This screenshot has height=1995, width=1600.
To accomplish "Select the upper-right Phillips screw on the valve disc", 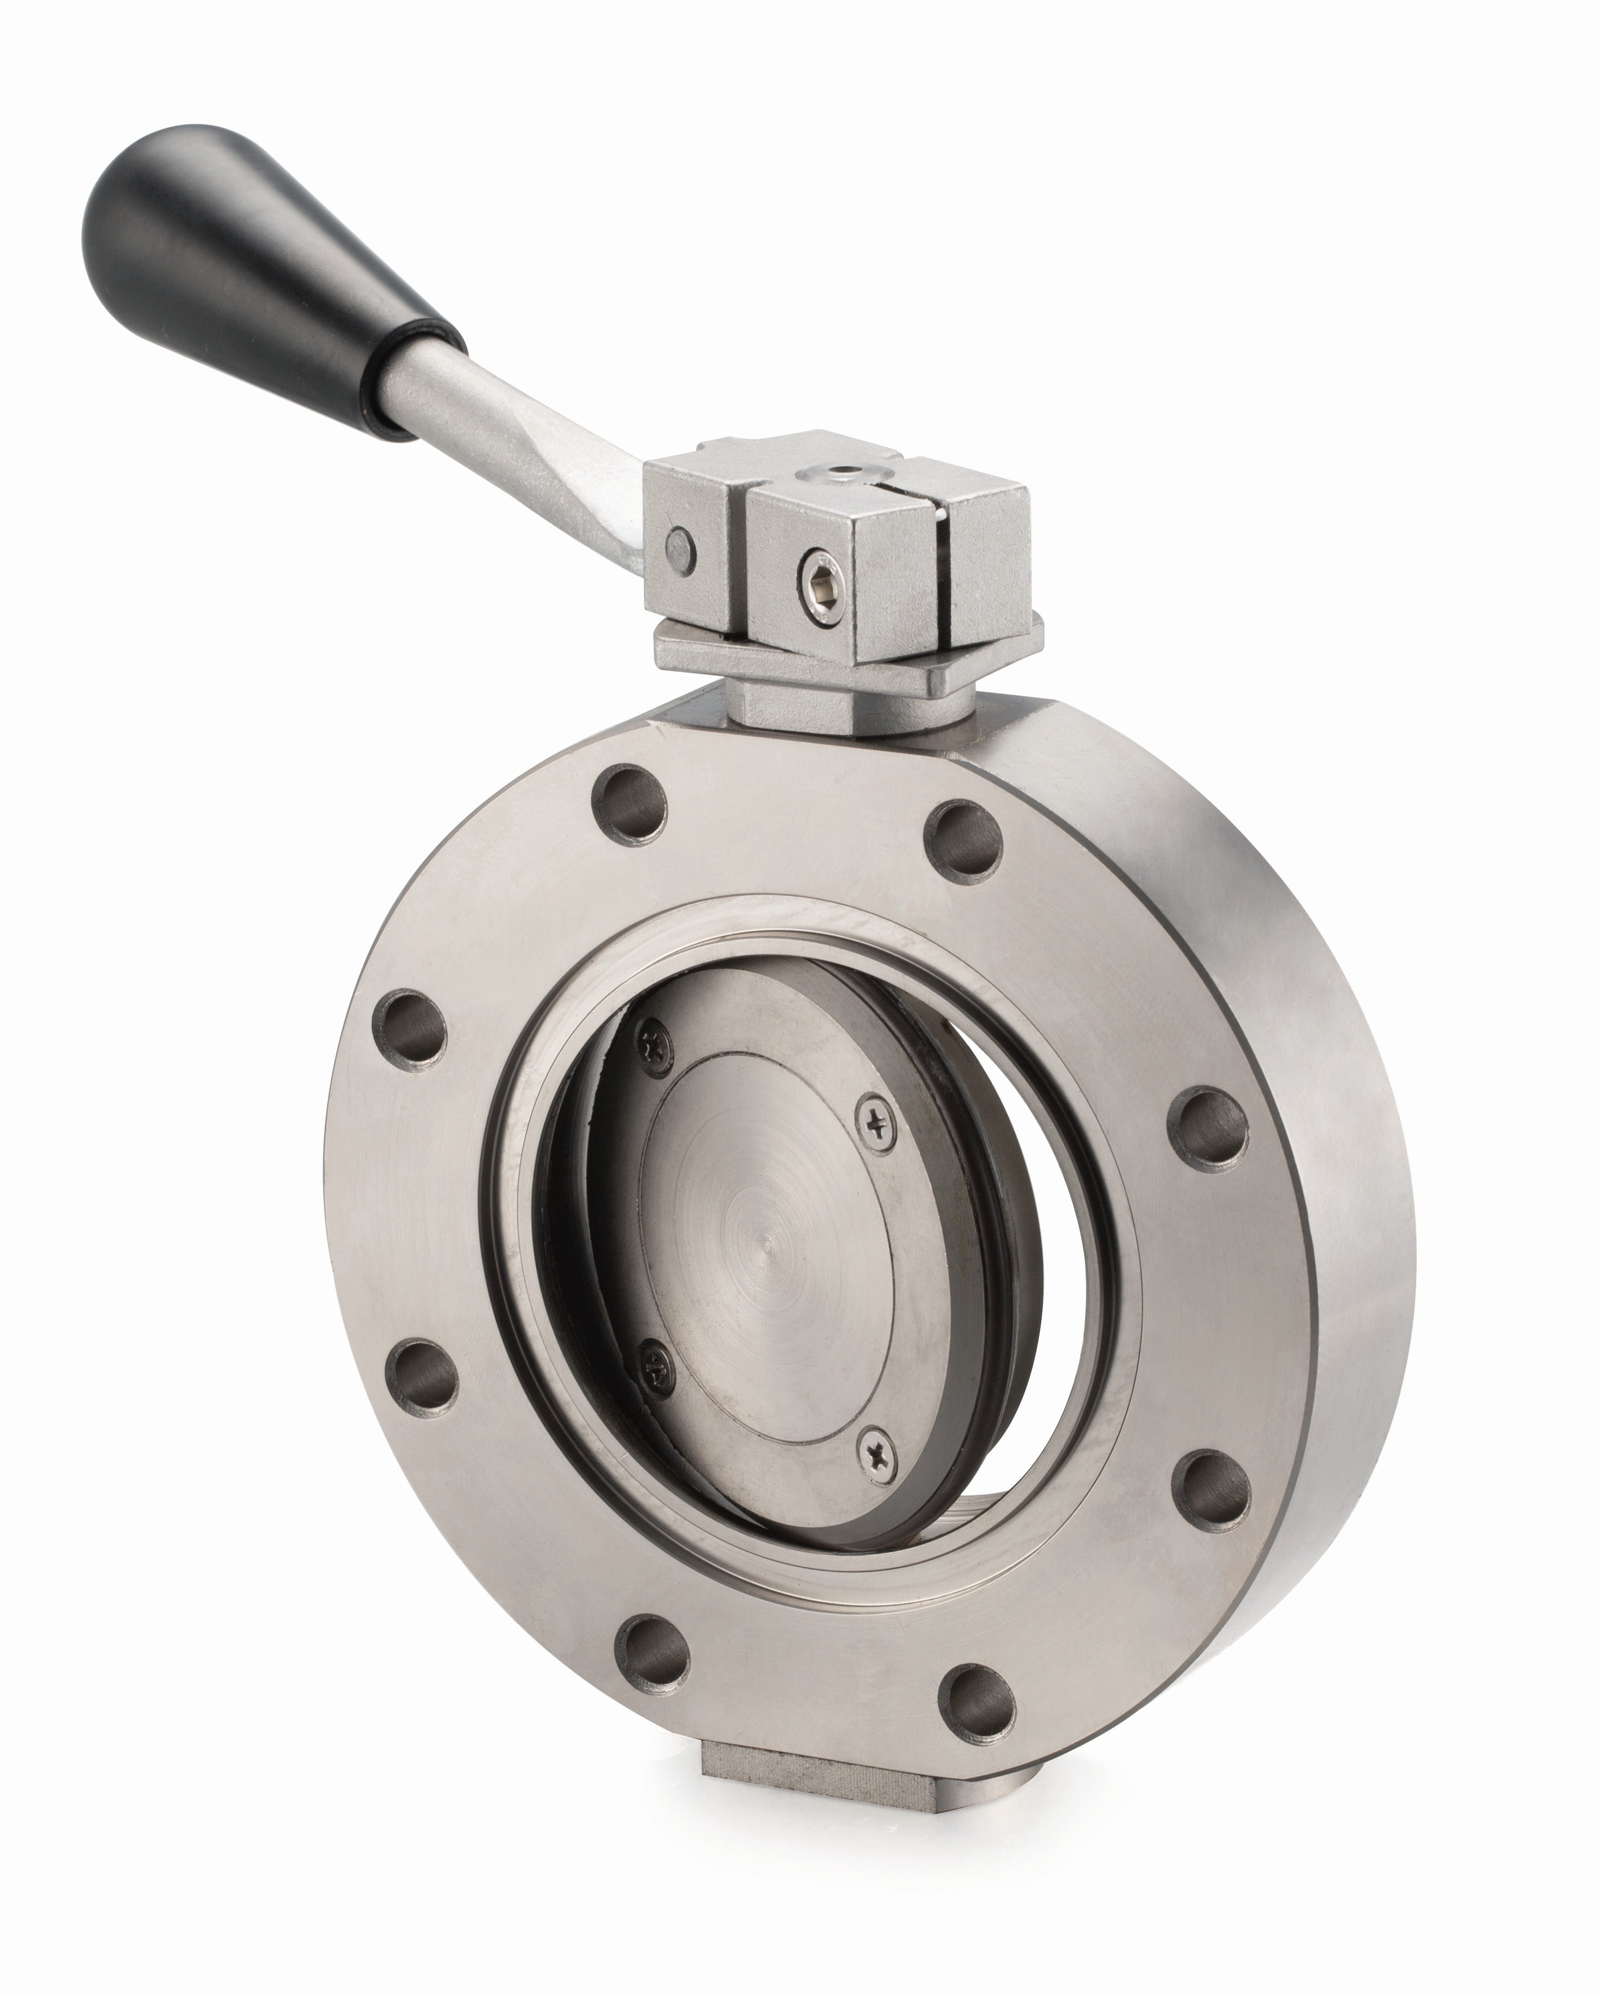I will pyautogui.click(x=874, y=1122).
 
